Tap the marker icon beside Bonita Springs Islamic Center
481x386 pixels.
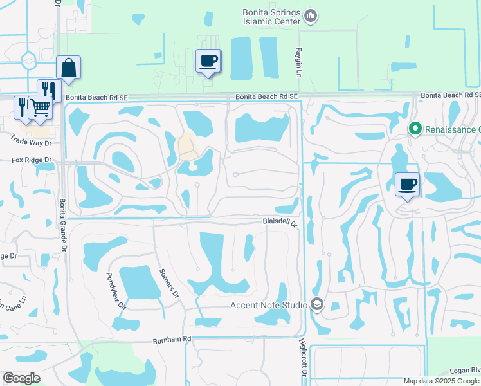pyautogui.click(x=311, y=15)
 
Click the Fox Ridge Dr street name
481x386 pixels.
pyautogui.click(x=31, y=160)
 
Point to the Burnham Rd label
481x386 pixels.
pyautogui.click(x=172, y=339)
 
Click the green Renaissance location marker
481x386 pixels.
pyautogui.click(x=415, y=129)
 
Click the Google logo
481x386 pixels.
pyautogui.click(x=21, y=378)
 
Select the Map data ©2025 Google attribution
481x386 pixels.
pyautogui.click(x=441, y=381)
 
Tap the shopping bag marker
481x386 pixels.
pyautogui.click(x=68, y=68)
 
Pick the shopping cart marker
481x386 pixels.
pyautogui.click(x=41, y=107)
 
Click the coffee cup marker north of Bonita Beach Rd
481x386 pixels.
pyautogui.click(x=208, y=62)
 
